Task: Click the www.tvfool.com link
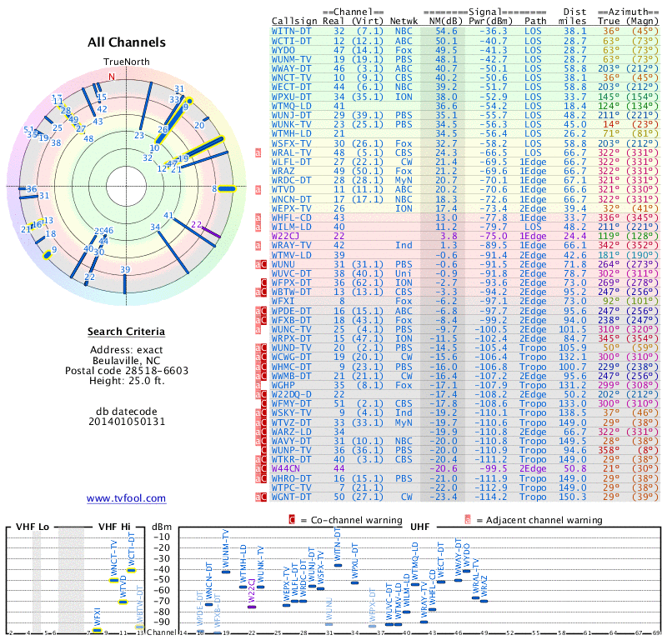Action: pyautogui.click(x=126, y=498)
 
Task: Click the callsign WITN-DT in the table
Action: pyautogui.click(x=292, y=30)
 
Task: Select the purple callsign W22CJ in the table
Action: pyautogui.click(x=288, y=237)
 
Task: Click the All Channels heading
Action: pyautogui.click(x=126, y=42)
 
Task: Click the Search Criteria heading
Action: pyautogui.click(x=126, y=332)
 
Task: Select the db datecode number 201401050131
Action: pyautogui.click(x=126, y=422)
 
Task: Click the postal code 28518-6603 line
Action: pyautogui.click(x=126, y=370)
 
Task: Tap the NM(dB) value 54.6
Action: pyautogui.click(x=445, y=30)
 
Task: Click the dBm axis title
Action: pyautogui.click(x=161, y=527)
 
